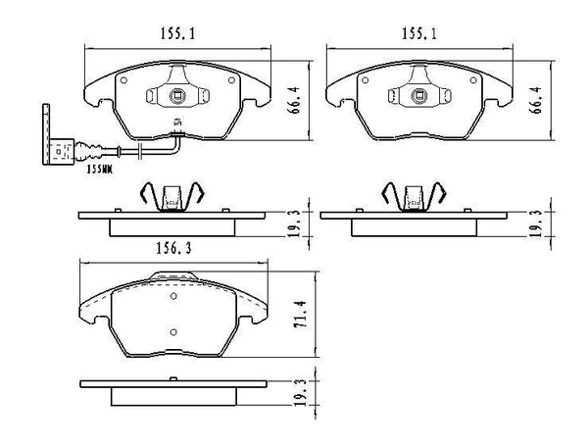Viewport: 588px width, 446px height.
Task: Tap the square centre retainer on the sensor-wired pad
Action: click(177, 97)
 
